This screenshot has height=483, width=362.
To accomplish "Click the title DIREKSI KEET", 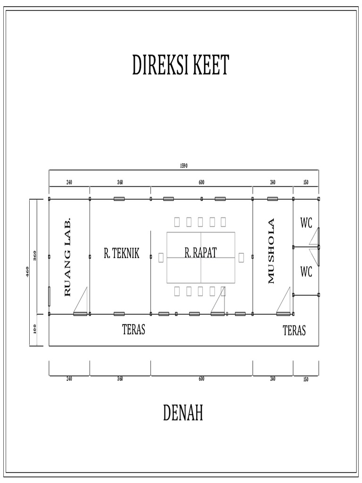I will point(181,66).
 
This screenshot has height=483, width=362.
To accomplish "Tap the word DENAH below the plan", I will point(183,413).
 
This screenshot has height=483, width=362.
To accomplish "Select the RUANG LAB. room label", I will point(67,257).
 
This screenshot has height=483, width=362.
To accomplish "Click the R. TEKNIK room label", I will point(122,254).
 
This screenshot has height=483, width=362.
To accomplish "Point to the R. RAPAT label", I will point(201,253).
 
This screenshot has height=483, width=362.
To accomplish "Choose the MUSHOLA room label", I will point(271,250).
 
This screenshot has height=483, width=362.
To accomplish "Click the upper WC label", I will point(306,223).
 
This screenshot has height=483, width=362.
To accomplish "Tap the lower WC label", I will point(306,272).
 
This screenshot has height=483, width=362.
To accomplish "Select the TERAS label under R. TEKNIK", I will point(134,330).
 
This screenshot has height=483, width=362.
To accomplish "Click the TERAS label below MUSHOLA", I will point(294,331).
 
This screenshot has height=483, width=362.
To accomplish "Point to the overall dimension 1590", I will point(184,166).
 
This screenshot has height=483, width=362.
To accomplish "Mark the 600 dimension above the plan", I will point(202,182).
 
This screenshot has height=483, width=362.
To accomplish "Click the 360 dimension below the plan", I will point(120,379).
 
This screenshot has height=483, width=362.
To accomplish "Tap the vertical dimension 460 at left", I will point(28,272).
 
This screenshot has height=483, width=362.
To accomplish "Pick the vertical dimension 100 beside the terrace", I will point(35,330).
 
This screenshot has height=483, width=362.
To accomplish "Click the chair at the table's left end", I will point(161,258).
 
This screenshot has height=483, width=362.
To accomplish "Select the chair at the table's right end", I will point(241,258).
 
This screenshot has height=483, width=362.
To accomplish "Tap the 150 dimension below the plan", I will point(306,379).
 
